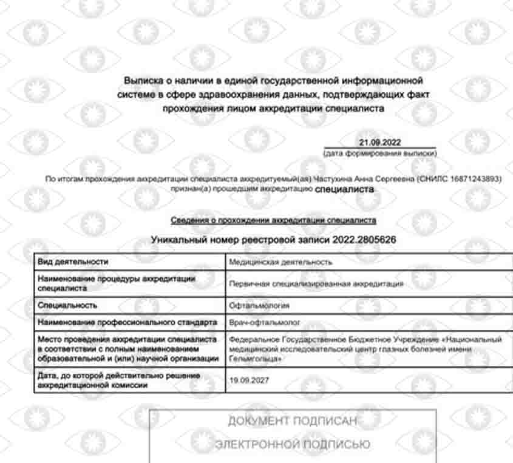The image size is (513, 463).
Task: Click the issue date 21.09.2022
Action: click(380, 142)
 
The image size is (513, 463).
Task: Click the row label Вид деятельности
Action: click(73, 262)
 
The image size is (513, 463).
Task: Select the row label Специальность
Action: click(67, 305)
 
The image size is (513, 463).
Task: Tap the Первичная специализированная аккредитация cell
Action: click(316, 283)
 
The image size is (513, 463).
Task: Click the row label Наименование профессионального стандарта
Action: click(127, 322)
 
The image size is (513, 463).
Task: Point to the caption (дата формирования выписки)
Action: click(380, 154)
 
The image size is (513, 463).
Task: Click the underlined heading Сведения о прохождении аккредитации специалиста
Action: click(273, 220)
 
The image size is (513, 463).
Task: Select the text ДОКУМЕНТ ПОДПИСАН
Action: click(293, 421)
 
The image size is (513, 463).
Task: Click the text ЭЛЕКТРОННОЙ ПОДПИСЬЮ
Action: click(293, 445)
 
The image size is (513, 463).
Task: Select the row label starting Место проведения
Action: click(127, 350)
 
